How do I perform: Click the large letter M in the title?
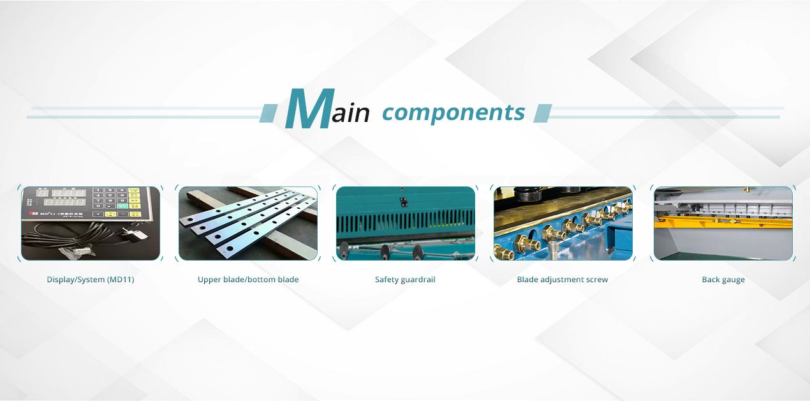(310, 110)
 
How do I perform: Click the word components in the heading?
(453, 112)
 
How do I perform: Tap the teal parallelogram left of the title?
(269, 113)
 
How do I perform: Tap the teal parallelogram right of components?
(542, 113)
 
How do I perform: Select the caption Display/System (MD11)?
(91, 280)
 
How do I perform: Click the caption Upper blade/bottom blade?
(248, 280)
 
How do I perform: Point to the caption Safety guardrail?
(405, 280)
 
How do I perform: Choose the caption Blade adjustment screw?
(563, 280)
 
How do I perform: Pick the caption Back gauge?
(723, 280)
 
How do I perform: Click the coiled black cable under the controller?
(70, 243)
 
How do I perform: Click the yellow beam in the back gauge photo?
(721, 222)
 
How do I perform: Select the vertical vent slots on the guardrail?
(406, 220)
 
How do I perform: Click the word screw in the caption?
(597, 280)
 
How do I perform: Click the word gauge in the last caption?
(733, 280)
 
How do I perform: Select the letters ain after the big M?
(351, 114)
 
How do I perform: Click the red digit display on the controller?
(64, 193)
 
